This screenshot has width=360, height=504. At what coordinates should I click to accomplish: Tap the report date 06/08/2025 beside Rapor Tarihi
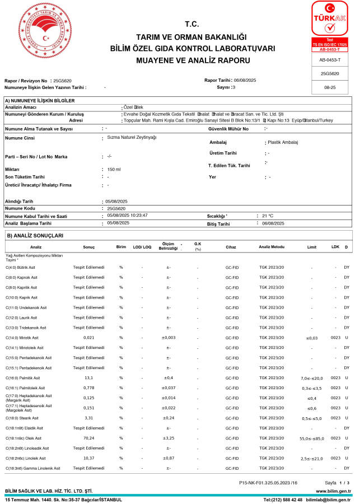pos(245,81)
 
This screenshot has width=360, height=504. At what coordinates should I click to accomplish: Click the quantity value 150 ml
pos(114,169)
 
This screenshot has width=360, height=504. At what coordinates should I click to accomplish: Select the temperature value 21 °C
pos(268,215)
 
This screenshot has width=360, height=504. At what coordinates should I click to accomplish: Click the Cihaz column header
pos(231,247)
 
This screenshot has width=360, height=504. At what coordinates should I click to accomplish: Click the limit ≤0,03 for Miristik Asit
pos(312,338)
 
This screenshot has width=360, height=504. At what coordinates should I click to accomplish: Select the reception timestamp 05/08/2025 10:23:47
pos(127,215)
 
